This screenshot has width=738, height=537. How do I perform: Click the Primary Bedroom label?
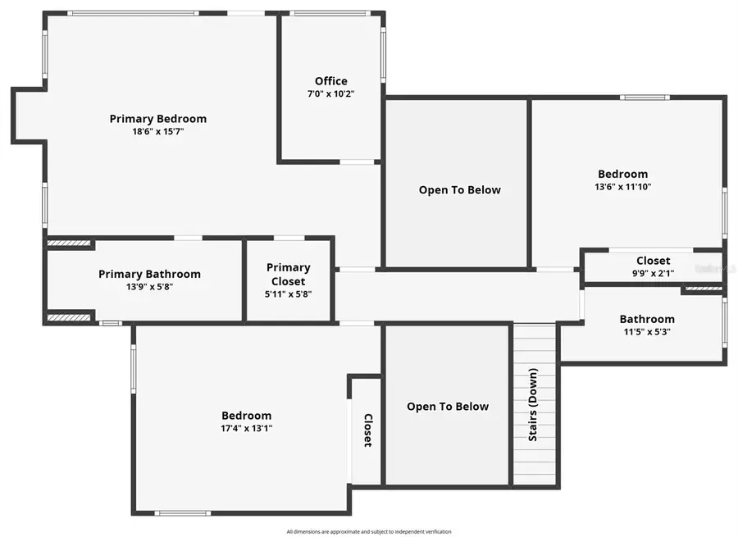(x=158, y=119)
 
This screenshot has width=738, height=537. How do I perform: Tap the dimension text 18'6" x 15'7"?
(x=158, y=131)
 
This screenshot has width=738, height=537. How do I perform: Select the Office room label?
(x=330, y=81)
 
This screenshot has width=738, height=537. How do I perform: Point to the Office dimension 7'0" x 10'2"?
(x=330, y=93)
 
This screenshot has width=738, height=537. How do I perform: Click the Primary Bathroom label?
(x=149, y=274)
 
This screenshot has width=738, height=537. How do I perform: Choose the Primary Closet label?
(x=289, y=274)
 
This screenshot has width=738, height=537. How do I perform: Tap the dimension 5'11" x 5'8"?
(x=289, y=294)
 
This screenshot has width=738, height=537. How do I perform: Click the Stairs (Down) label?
(x=534, y=405)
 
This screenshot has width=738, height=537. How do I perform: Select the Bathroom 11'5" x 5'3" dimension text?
(x=647, y=332)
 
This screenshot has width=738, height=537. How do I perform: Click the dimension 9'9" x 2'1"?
(x=653, y=273)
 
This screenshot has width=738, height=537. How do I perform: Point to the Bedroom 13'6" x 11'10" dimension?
(x=622, y=186)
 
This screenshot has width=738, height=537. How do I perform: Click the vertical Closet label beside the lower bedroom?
(x=367, y=430)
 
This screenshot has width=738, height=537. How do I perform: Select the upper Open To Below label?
(x=459, y=190)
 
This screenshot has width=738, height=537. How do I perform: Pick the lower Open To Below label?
(x=448, y=407)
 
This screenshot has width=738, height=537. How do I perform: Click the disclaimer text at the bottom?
(x=369, y=531)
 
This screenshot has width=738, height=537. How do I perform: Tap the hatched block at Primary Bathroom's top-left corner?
(x=68, y=243)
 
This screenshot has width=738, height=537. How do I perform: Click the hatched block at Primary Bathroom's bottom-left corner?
(x=68, y=317)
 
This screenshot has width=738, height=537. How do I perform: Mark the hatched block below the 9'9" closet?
(x=703, y=289)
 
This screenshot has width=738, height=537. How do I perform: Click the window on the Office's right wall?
(x=382, y=55)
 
